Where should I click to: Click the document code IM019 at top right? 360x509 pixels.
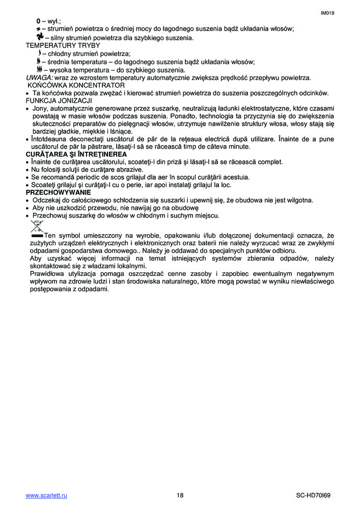[x=327, y=13]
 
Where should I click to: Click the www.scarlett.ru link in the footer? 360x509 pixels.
[x=46, y=495]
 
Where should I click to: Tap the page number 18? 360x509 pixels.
[x=180, y=495]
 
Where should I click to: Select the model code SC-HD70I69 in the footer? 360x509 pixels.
[x=315, y=495]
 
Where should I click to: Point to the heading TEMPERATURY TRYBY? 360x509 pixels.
[x=63, y=45]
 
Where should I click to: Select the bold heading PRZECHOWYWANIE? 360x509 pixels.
[x=59, y=192]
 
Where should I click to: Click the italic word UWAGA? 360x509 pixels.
[x=39, y=77]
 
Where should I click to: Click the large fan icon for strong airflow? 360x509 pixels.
[x=40, y=37]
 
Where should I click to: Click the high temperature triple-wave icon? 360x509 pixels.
[x=39, y=69]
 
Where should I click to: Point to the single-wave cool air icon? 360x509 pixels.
[x=39, y=53]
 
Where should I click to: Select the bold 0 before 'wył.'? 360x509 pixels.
[x=38, y=21]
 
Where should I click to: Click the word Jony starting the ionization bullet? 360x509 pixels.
[x=41, y=108]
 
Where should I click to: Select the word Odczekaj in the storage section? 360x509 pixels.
[x=47, y=200]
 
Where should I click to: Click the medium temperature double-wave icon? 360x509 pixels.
[x=39, y=61]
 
